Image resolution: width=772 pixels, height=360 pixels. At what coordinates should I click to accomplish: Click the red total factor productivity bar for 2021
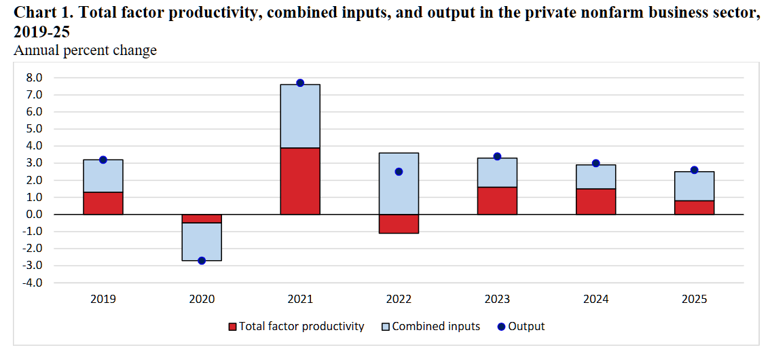point(300,181)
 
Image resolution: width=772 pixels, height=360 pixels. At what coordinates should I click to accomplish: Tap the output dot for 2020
point(202,260)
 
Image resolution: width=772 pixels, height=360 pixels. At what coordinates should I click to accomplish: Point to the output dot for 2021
point(300,83)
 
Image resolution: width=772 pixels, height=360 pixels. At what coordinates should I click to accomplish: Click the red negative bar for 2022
point(399,223)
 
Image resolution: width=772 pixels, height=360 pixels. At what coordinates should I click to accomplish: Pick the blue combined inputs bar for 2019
point(103,176)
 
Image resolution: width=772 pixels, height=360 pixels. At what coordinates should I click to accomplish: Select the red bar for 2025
point(694,207)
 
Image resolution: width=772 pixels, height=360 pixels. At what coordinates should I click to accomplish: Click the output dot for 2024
point(595,163)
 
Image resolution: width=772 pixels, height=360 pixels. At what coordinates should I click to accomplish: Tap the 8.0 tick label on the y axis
point(35,77)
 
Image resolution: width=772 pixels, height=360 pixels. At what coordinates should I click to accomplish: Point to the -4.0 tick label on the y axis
point(33,283)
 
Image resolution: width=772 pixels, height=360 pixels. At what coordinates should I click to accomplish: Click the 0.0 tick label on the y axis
point(35,214)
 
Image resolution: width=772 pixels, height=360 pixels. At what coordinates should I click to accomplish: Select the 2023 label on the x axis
point(497,299)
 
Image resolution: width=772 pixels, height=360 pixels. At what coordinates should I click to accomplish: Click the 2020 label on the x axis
point(202,299)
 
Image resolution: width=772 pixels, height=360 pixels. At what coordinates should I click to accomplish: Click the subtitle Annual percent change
point(86,50)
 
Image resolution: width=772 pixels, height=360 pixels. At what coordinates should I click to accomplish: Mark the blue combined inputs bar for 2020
point(202,241)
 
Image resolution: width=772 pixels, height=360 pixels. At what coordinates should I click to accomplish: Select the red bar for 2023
point(497,200)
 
